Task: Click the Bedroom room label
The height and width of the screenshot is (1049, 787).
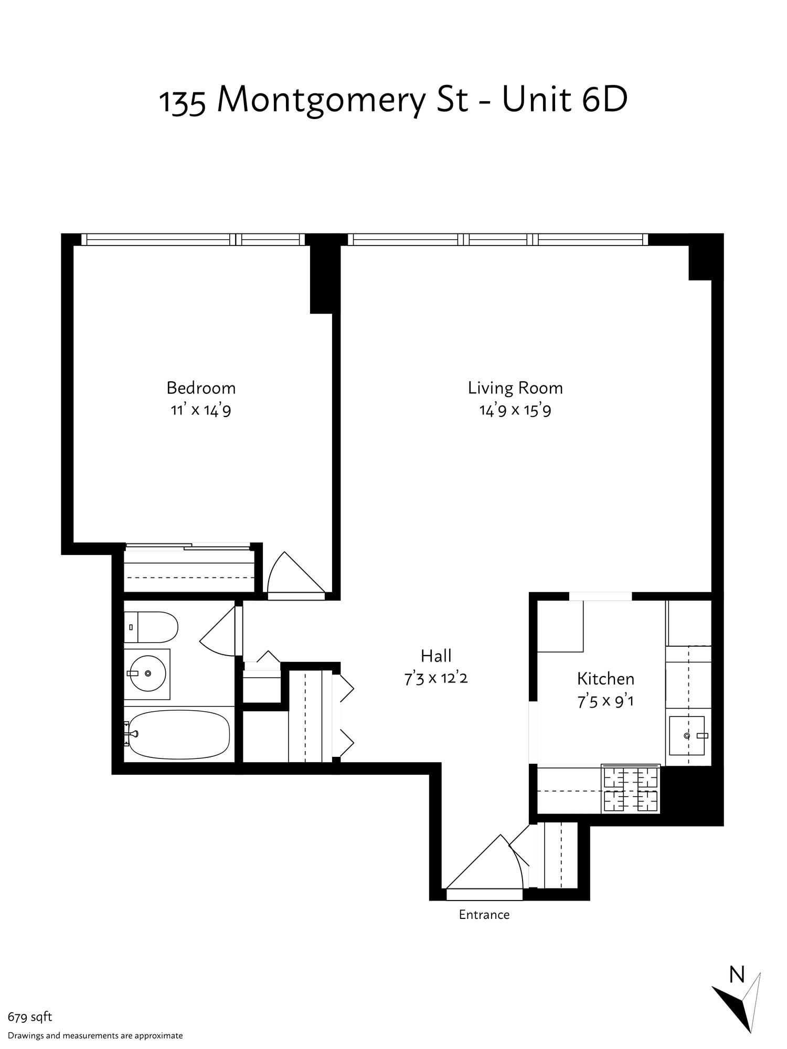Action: pos(201,388)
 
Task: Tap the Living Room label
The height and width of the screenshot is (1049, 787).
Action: pos(515,388)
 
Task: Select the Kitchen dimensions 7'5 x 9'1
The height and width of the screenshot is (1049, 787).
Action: pos(605,701)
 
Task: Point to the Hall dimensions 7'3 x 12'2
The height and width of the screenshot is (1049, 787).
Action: pos(436,678)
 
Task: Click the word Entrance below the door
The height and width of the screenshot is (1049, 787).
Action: pos(484,915)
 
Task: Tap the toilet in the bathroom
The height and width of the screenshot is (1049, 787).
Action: pos(151,627)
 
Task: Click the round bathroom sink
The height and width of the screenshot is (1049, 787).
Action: pos(148,673)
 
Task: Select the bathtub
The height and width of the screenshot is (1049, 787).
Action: pos(178,734)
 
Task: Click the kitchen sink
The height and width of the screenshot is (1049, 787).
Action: pos(687,736)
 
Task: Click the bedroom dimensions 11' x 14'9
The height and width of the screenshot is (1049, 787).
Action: pos(201,410)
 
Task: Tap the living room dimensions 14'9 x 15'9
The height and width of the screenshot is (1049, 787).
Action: pos(515,410)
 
